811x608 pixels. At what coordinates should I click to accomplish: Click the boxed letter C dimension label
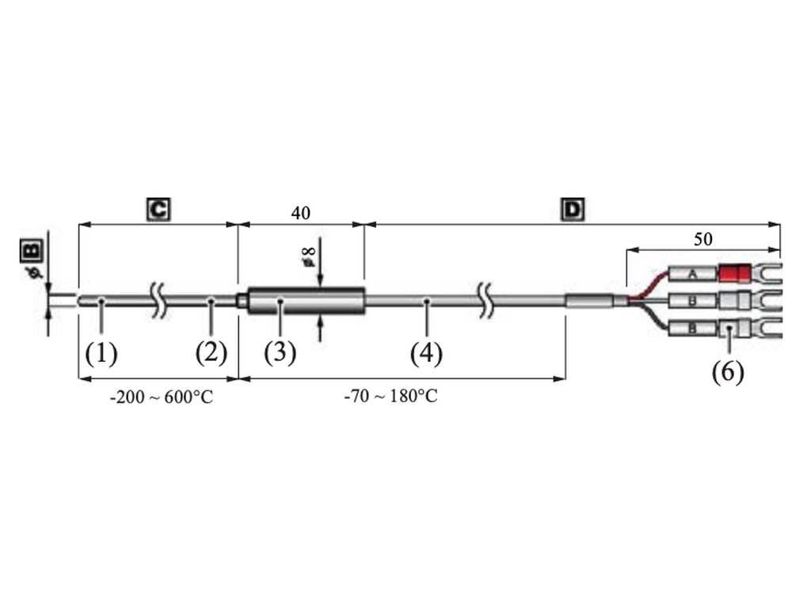click(158, 209)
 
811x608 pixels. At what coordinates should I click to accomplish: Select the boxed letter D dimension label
click(573, 209)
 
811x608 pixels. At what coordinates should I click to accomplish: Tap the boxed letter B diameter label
click(32, 251)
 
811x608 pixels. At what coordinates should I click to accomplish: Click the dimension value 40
click(300, 213)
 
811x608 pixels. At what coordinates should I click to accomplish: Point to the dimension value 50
click(703, 239)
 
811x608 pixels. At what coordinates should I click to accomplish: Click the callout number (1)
click(101, 354)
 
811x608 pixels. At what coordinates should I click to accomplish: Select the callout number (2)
click(211, 354)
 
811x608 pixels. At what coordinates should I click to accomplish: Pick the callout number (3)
click(280, 354)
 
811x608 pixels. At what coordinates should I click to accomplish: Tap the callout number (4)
click(427, 354)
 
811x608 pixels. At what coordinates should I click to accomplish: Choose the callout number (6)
click(729, 372)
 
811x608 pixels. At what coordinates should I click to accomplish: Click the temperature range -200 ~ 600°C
click(162, 397)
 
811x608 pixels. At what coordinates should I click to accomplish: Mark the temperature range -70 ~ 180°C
click(391, 397)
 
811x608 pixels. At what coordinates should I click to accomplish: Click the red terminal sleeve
click(735, 273)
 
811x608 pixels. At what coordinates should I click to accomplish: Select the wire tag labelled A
click(693, 274)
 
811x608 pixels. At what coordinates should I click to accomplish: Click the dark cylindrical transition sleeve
click(307, 301)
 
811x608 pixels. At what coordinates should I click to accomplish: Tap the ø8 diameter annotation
click(309, 256)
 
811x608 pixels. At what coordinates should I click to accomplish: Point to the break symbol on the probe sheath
click(159, 300)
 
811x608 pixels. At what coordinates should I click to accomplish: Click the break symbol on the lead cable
click(485, 300)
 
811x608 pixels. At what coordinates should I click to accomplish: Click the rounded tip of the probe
click(81, 301)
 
